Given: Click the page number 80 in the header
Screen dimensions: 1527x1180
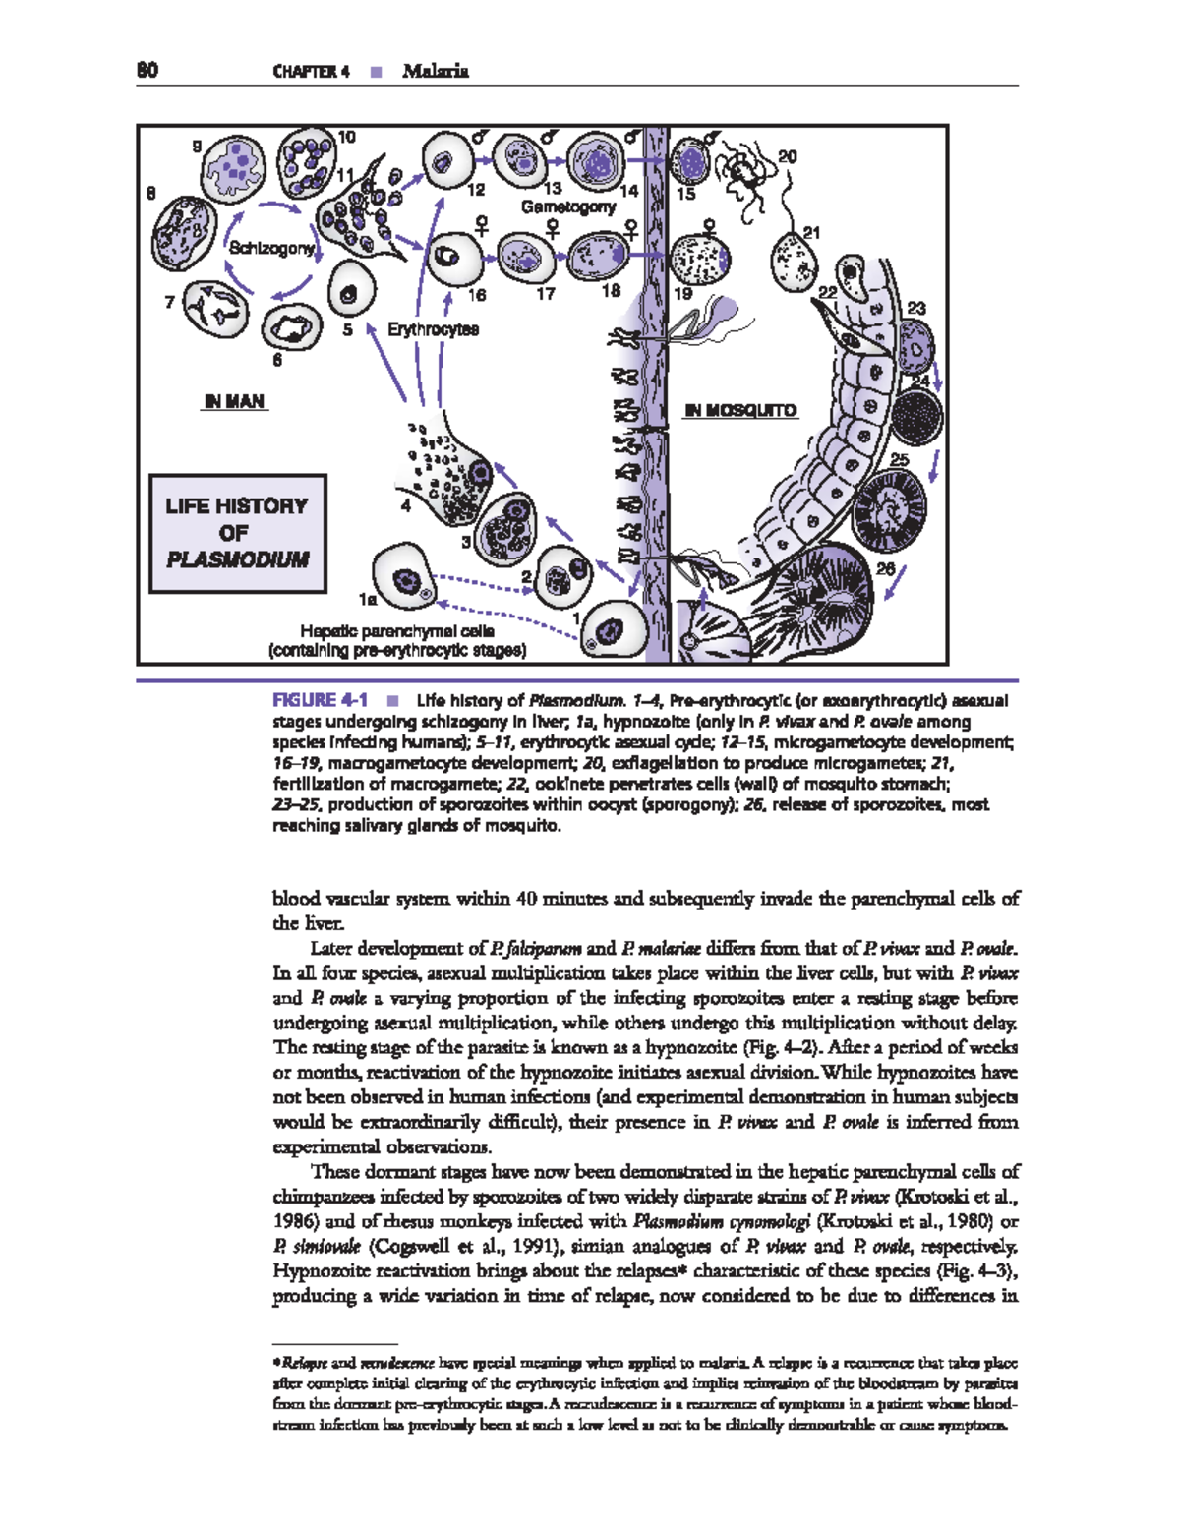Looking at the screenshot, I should point(147,70).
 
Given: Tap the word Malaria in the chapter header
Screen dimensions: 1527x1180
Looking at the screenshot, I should point(435,71).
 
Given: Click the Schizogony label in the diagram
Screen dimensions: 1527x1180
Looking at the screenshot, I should point(271,248).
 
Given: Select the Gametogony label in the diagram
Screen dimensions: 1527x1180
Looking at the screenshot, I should point(568,206).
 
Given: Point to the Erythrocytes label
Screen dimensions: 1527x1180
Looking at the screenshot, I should point(433,329).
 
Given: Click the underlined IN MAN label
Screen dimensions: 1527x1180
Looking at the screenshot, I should point(234,401).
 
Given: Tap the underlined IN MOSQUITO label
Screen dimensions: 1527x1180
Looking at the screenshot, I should point(740,410).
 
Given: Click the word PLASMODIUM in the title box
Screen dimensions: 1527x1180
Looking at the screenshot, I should point(237,559).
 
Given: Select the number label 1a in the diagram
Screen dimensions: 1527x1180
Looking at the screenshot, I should point(368,598).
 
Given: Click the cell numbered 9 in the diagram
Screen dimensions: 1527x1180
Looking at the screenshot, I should point(234,168).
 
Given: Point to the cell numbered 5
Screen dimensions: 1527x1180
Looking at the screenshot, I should point(349,291).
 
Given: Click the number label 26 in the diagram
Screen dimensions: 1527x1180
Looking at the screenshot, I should point(885,568).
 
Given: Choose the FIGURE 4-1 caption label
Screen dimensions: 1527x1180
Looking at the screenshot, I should point(320,700).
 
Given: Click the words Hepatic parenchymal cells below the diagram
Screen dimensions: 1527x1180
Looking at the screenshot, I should point(397,631).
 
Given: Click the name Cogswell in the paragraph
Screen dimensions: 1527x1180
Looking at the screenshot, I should point(404,1247).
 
